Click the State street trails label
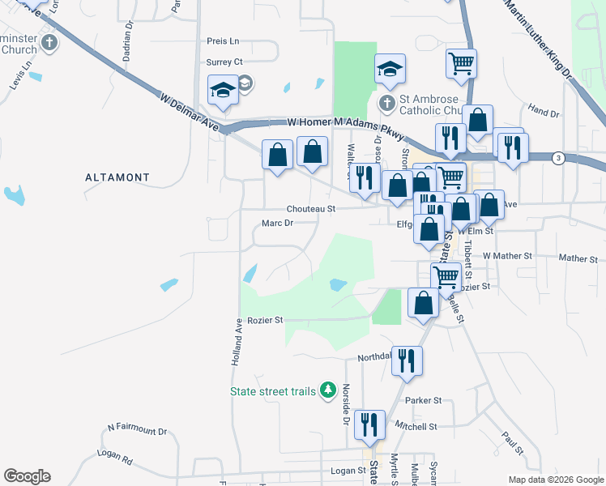(x=272, y=392)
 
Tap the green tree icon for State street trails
(x=328, y=391)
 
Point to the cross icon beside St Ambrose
(x=387, y=104)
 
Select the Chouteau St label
(x=311, y=209)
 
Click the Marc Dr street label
(x=277, y=224)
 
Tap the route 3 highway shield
(x=558, y=157)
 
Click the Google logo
(x=27, y=476)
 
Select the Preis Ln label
(x=223, y=40)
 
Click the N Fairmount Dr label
(x=137, y=432)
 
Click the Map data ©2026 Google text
(x=554, y=479)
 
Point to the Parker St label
(x=423, y=400)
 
